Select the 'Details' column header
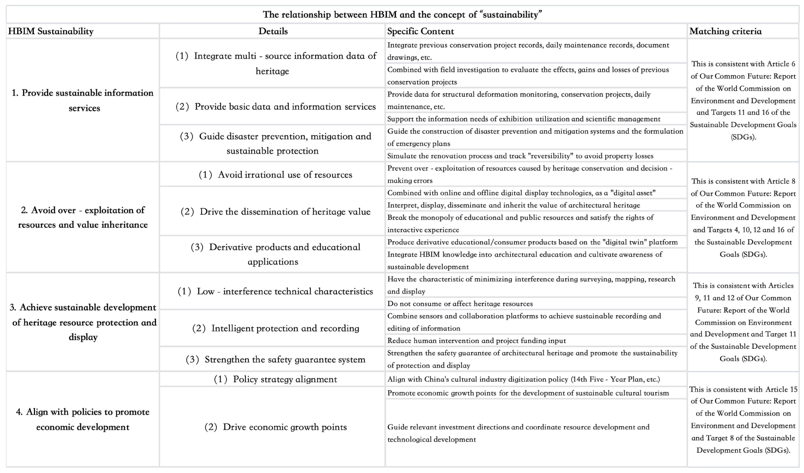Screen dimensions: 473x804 pyautogui.click(x=273, y=31)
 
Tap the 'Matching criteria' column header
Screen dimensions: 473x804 pyautogui.click(x=725, y=31)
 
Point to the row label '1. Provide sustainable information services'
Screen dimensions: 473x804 pyautogui.click(x=83, y=100)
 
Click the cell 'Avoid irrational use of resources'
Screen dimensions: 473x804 pyautogui.click(x=275, y=175)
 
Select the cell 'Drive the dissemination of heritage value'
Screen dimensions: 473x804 pyautogui.click(x=275, y=212)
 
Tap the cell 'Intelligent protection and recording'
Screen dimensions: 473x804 pyautogui.click(x=275, y=328)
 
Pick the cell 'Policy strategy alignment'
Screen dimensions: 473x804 pyautogui.click(x=275, y=379)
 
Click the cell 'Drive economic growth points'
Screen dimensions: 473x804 pyautogui.click(x=275, y=427)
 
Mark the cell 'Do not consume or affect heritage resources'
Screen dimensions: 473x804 pyautogui.click(x=460, y=304)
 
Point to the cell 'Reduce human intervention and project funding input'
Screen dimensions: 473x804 pyautogui.click(x=476, y=340)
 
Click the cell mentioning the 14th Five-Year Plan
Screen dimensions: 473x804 pyautogui.click(x=523, y=379)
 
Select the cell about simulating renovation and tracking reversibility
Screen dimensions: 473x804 pyautogui.click(x=520, y=156)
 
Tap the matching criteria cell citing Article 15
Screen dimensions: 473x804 pyautogui.click(x=743, y=419)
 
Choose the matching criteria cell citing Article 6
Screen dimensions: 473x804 pyautogui.click(x=743, y=100)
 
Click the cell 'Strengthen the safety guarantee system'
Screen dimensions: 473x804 pyautogui.click(x=275, y=359)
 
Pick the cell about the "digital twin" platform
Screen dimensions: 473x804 pyautogui.click(x=532, y=242)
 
